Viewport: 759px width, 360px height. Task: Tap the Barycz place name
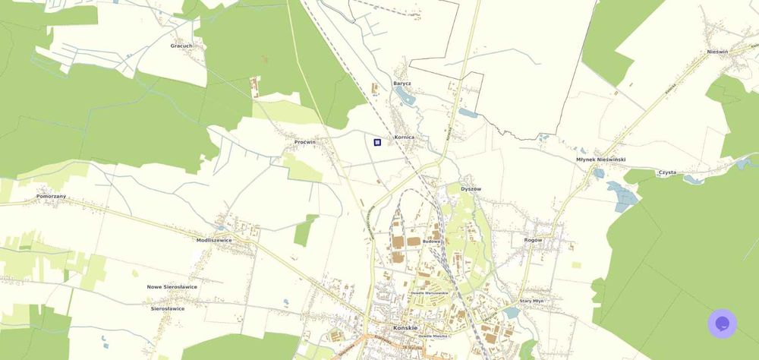click(x=402, y=84)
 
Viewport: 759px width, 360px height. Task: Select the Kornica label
click(x=404, y=137)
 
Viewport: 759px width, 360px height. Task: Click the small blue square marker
click(x=377, y=142)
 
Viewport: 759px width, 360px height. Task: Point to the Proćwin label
click(x=305, y=142)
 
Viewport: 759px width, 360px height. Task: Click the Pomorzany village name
click(x=51, y=196)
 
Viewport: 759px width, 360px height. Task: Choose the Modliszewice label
click(x=214, y=240)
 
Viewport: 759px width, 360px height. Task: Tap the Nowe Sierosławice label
click(x=172, y=287)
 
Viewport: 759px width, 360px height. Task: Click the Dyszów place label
click(x=471, y=188)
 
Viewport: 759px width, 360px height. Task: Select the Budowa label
click(x=431, y=242)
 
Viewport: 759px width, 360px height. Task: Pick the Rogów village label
click(x=533, y=240)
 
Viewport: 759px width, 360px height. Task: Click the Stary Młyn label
click(x=531, y=301)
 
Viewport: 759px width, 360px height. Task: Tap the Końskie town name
click(x=406, y=327)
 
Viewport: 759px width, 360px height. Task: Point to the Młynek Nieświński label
click(x=600, y=159)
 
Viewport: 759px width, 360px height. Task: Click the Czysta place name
click(x=667, y=172)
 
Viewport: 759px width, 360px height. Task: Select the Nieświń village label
click(x=717, y=52)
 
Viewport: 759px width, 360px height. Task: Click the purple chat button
click(x=723, y=324)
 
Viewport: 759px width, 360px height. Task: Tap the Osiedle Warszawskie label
click(x=429, y=292)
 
